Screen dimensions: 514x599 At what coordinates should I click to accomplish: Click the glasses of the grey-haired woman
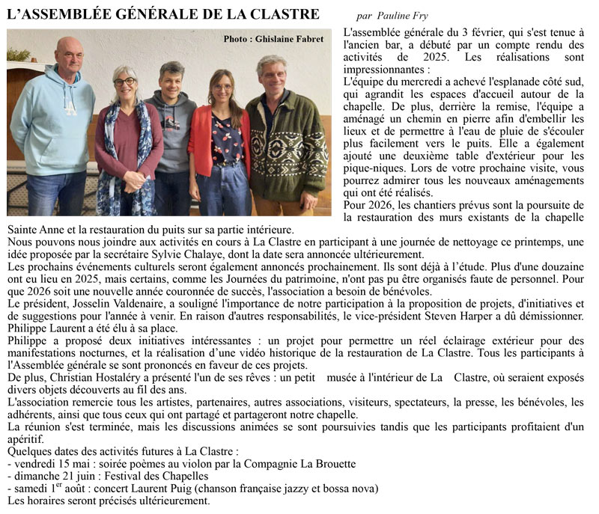[124, 81]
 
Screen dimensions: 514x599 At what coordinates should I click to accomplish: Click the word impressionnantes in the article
[386, 69]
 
